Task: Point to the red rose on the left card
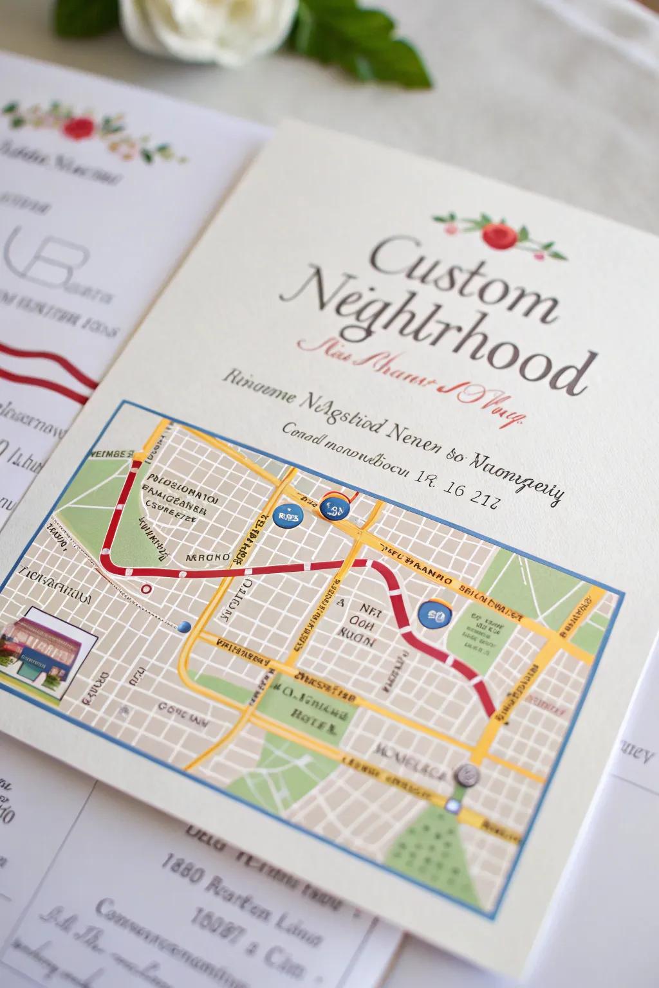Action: click(x=79, y=127)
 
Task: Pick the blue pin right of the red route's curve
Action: click(x=432, y=614)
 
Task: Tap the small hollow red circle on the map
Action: click(x=146, y=588)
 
